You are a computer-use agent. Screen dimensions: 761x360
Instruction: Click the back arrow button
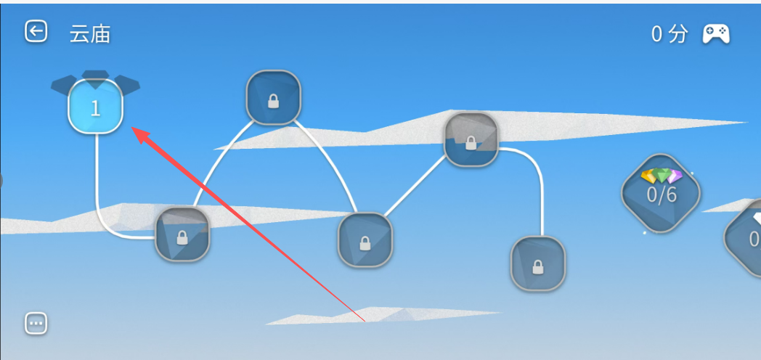click(36, 31)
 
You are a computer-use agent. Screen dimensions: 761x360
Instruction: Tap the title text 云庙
click(90, 34)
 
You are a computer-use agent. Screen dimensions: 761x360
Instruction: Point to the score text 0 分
click(670, 34)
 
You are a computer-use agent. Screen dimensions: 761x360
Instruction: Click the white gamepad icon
click(716, 34)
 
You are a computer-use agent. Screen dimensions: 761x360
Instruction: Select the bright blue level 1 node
click(95, 107)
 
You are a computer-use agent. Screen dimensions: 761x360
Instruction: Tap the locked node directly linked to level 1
click(182, 234)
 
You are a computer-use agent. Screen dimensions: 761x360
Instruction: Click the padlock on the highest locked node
click(274, 101)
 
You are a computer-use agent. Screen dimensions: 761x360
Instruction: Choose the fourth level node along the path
click(365, 240)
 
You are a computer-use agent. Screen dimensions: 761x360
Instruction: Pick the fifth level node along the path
click(471, 139)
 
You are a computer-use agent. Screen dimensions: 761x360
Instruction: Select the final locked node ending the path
click(538, 263)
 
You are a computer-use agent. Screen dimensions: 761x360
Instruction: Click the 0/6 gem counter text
click(661, 195)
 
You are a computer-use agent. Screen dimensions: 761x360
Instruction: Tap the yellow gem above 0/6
click(649, 176)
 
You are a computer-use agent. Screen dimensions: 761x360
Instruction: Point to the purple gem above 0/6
click(674, 176)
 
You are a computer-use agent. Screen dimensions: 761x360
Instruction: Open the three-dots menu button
click(36, 323)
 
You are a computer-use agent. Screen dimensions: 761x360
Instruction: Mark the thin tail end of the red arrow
click(364, 321)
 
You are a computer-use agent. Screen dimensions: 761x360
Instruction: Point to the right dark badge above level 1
click(127, 85)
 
